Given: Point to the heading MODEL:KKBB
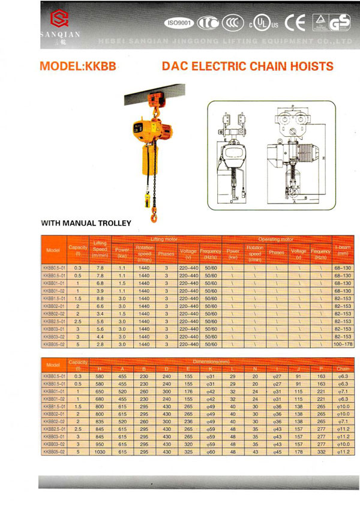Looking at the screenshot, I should pyautogui.click(x=77, y=67).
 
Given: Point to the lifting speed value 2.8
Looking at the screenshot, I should pyautogui.click(x=100, y=345).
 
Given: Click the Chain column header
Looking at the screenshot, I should pyautogui.click(x=343, y=369).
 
